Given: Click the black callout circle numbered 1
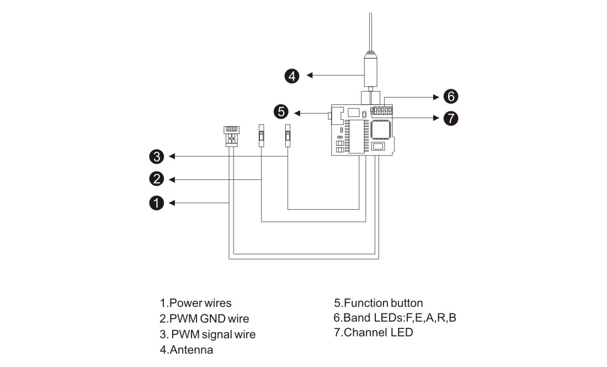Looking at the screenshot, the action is [x=156, y=203].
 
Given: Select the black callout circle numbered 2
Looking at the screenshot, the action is [x=156, y=179].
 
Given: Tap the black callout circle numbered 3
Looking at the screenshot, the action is [x=156, y=157].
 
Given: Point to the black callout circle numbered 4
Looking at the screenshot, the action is [x=292, y=76].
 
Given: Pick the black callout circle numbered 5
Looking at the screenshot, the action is [x=281, y=111].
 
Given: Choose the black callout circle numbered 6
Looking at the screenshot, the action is [x=451, y=97].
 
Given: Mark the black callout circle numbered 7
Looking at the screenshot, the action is [x=451, y=118].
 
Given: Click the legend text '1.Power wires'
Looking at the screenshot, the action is [x=195, y=303].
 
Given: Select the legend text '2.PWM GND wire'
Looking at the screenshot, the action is [x=204, y=318].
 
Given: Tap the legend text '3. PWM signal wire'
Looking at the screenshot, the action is [x=207, y=334].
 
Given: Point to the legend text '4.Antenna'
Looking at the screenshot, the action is [x=186, y=350].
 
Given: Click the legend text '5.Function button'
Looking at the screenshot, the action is [x=378, y=303].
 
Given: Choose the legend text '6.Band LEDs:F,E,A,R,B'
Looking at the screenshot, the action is [x=395, y=318].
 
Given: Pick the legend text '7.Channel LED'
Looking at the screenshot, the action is [x=374, y=333].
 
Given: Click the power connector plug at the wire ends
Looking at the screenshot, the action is [x=232, y=136].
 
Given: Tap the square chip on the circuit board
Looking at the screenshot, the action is [x=381, y=130].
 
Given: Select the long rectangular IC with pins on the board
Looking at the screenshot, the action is [x=356, y=137].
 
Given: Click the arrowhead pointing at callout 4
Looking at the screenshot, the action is [x=310, y=75].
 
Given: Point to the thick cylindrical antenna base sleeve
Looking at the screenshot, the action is [x=370, y=70].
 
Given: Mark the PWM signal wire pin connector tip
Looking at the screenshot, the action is [x=287, y=136].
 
